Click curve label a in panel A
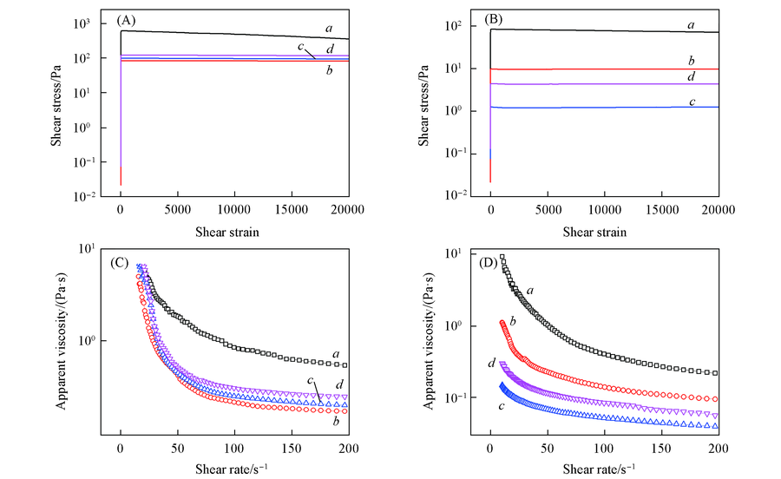[329, 29]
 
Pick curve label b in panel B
[690, 60]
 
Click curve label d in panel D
[492, 362]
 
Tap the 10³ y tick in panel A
[94, 23]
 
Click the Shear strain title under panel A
[234, 232]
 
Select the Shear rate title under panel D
[605, 468]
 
